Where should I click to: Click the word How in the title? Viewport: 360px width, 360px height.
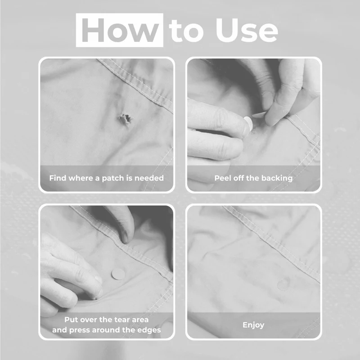coord(120,30)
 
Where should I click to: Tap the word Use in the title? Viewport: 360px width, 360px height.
coord(247,30)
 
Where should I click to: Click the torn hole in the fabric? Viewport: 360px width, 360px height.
coord(126,118)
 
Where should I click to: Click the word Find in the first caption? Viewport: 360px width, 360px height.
coord(58,178)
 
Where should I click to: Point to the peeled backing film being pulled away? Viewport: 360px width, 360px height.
coord(259,114)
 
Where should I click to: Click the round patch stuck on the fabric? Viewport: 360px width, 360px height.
coord(118,274)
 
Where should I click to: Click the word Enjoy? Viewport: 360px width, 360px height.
coord(253,325)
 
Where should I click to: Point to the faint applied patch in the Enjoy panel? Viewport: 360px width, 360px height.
coord(284,284)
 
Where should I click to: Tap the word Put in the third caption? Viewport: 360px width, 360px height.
coord(70,319)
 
